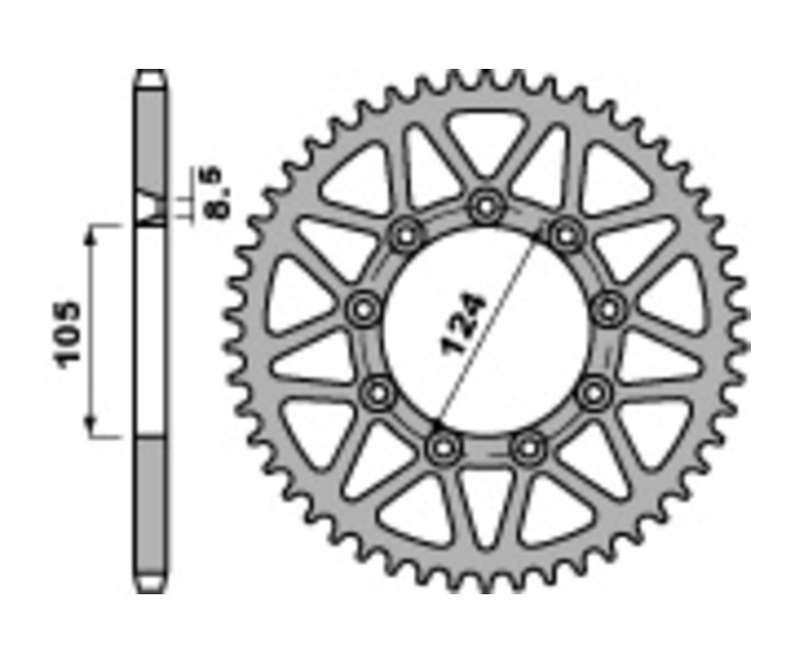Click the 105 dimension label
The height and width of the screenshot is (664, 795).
(x=68, y=333)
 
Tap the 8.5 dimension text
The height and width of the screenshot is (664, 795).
(x=217, y=191)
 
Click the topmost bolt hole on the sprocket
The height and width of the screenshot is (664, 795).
(x=484, y=208)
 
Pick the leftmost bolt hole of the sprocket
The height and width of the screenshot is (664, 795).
(x=362, y=310)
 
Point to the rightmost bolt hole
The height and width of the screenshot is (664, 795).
(x=608, y=310)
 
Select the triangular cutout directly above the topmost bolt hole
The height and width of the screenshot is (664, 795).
(x=484, y=141)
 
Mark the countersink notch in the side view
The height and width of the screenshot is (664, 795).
(x=151, y=208)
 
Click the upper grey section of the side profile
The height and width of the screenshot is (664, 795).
(x=151, y=141)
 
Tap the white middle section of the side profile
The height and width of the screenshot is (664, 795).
(x=151, y=331)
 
